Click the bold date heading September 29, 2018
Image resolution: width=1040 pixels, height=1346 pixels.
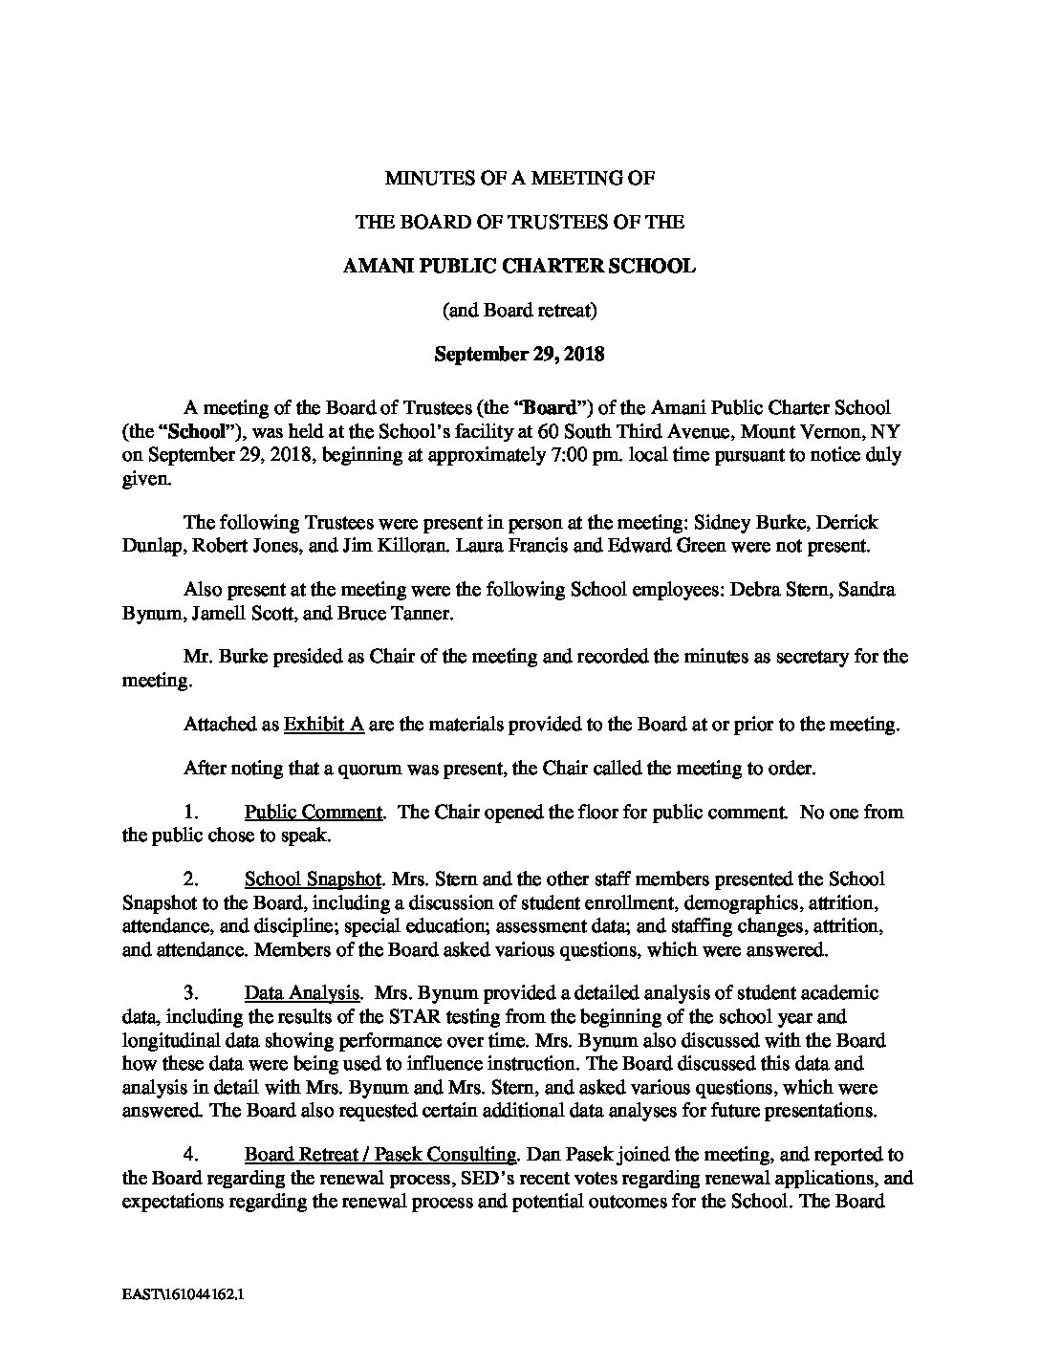tap(519, 355)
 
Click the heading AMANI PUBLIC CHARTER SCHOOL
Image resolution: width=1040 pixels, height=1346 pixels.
tap(519, 266)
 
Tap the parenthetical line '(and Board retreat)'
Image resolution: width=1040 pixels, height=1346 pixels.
tap(519, 310)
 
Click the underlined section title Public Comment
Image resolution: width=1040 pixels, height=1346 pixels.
tap(314, 813)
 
